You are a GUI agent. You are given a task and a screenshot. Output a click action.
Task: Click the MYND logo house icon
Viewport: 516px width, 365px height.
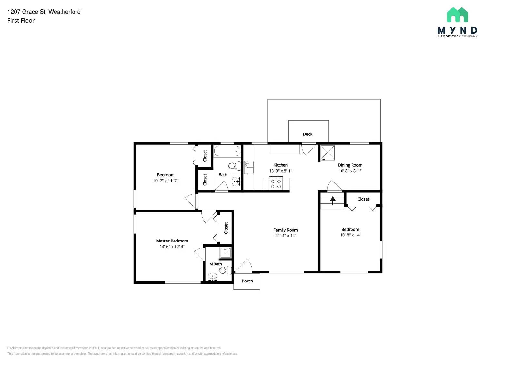[457, 15]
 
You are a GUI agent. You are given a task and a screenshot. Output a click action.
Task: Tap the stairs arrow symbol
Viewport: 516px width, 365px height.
[332, 201]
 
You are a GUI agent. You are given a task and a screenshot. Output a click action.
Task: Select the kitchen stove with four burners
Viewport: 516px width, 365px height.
[276, 184]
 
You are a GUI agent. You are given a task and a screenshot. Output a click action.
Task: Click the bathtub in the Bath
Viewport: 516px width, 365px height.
[227, 151]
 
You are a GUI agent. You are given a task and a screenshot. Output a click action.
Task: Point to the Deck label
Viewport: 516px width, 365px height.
[307, 134]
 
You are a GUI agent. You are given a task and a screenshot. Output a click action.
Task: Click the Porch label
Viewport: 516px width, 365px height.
[247, 281]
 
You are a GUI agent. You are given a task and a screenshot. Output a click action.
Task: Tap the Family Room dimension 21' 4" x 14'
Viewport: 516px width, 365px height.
[285, 236]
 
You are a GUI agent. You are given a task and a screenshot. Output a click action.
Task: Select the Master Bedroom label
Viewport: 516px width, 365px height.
[172, 241]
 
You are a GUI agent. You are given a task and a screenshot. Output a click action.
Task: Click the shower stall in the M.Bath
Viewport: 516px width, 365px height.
[225, 252]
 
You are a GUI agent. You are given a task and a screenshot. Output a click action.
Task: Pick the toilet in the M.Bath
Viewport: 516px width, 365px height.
[225, 270]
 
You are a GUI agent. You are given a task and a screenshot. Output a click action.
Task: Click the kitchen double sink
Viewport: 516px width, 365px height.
[249, 167]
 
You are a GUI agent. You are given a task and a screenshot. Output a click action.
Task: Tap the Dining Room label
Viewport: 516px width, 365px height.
[350, 165]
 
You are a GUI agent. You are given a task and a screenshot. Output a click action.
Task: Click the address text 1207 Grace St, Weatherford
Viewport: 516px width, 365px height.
[44, 12]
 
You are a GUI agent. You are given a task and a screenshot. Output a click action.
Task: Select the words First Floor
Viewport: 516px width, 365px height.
[21, 21]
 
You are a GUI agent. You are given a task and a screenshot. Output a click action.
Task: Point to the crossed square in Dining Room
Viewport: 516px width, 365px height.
[327, 153]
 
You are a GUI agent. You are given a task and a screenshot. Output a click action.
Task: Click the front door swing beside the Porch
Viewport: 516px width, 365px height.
[244, 266]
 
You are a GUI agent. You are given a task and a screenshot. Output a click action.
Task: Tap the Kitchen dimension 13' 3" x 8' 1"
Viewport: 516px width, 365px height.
[281, 171]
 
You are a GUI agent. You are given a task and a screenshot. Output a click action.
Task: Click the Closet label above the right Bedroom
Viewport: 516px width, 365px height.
[363, 199]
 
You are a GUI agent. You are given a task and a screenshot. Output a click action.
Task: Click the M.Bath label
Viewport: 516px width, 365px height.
[215, 264]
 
